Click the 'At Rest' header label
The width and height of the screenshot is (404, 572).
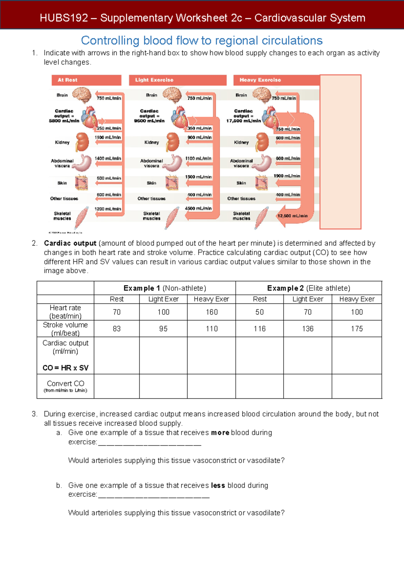(x=67, y=80)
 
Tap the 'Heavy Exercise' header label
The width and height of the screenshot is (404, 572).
(x=260, y=80)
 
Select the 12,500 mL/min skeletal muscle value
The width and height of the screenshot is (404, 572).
(x=292, y=216)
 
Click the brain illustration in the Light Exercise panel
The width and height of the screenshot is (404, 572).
(x=172, y=95)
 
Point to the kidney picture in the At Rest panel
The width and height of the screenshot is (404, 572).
(x=82, y=142)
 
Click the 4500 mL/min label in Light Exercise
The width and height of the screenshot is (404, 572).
(x=198, y=208)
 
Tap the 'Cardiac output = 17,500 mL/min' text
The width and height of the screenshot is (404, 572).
(x=243, y=116)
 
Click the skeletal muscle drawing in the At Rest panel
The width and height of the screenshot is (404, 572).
(x=81, y=218)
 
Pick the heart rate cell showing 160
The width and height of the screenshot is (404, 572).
(x=212, y=312)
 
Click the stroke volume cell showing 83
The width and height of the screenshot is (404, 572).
(x=116, y=329)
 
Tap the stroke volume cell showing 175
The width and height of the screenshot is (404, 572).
(x=357, y=329)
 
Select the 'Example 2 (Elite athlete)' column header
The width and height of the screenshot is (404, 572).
(x=309, y=288)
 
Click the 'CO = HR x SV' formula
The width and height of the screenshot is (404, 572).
(x=65, y=368)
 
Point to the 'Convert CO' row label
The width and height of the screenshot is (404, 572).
(x=65, y=384)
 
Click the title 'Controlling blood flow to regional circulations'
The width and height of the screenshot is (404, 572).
(x=202, y=41)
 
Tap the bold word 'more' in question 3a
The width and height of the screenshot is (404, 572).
(x=220, y=433)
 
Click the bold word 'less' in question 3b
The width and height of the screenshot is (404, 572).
(x=218, y=486)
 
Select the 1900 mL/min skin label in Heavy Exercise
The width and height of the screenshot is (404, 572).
(x=287, y=176)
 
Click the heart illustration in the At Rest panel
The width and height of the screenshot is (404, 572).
(x=89, y=117)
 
